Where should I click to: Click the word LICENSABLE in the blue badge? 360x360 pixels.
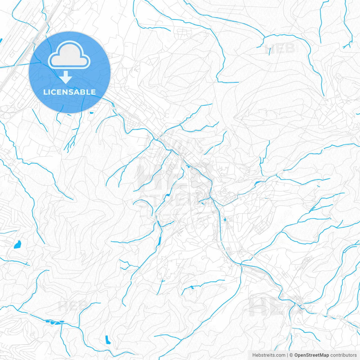click(69, 92)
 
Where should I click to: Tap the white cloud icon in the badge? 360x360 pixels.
click(69, 55)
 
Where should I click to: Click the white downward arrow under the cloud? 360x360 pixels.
click(66, 77)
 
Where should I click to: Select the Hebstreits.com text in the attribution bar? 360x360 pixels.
click(269, 355)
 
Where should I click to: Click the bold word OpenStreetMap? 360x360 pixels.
click(311, 355)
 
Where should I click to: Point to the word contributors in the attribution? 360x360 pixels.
click(343, 355)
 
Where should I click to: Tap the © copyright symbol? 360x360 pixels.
click(291, 355)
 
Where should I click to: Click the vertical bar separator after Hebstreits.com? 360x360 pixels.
click(287, 355)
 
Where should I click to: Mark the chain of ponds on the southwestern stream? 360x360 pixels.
click(54, 321)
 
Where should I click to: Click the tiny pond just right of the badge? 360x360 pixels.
click(91, 113)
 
